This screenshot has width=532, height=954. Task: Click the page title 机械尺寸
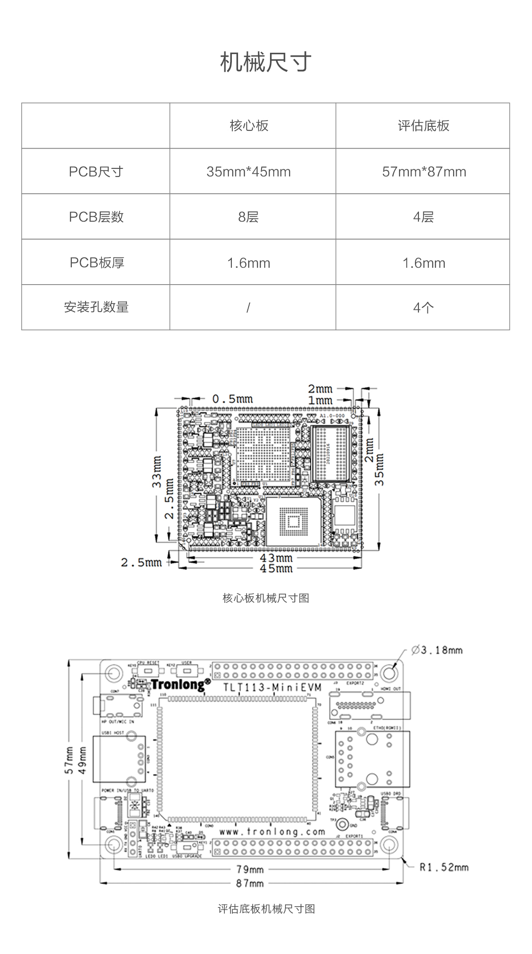pos(266,62)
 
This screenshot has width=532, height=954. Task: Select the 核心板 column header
pos(249,126)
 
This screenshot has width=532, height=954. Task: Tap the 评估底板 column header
pos(423,126)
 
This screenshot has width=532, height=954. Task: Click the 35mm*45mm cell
pos(249,172)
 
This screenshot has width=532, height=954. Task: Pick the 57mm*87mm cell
pos(424,172)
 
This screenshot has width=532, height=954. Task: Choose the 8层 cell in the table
pos(248,217)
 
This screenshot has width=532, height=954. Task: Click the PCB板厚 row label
pos(97,263)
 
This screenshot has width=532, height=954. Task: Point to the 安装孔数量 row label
pos(96,307)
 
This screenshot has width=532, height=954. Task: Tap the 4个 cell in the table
pos(423,308)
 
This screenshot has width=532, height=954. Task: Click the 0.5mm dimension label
pos(232,399)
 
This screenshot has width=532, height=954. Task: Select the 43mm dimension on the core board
pos(276,558)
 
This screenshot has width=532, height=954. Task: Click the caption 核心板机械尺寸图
pos(266,598)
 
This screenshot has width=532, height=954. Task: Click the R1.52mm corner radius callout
pos(444,867)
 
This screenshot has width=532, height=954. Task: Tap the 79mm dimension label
pos(250,870)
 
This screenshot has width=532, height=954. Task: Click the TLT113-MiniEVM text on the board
pos(273,688)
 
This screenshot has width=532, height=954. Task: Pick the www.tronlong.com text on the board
pos(272,832)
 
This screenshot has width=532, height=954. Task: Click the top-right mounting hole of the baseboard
pos(389,672)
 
